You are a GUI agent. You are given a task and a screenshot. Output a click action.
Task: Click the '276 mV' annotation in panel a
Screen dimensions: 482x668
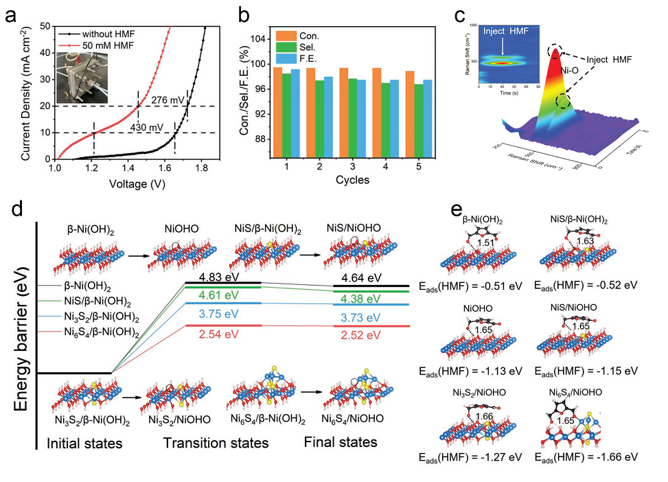click(168, 100)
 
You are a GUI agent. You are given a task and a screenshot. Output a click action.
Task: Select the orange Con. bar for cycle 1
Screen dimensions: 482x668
click(278, 113)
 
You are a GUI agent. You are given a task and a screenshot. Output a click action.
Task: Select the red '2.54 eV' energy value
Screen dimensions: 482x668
click(222, 336)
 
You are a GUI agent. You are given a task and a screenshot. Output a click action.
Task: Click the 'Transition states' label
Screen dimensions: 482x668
click(216, 443)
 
